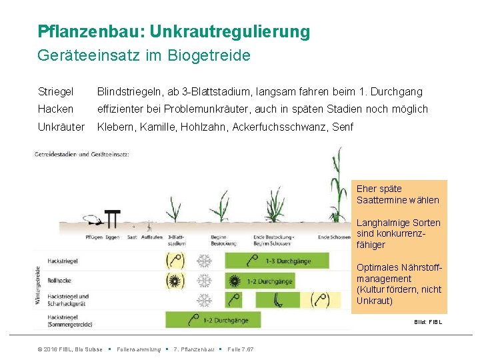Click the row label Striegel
pos(55,91)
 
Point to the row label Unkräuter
pos(61,127)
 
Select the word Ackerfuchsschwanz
pos(273,127)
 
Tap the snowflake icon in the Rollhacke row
pos(204,281)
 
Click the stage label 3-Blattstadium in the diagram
pos(177,241)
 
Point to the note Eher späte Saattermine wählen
pos(398,194)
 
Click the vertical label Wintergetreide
pos(39,287)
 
